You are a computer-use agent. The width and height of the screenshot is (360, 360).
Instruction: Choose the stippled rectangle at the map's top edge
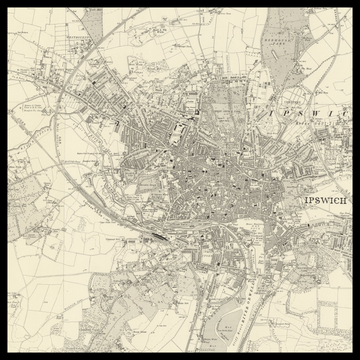click(92, 18)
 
